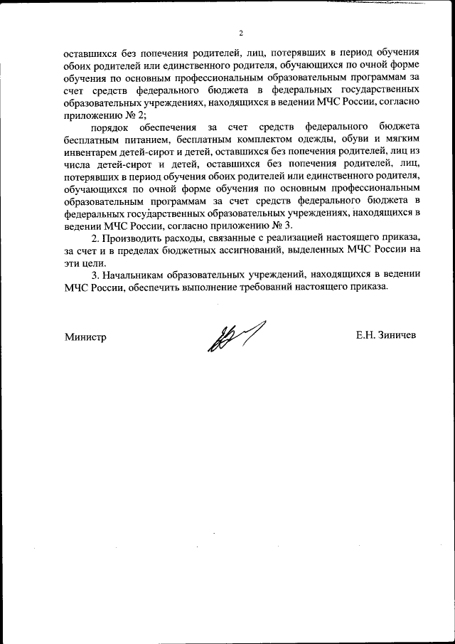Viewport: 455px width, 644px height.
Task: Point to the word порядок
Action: (x=111, y=123)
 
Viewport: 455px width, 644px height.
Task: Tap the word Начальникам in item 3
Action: (x=136, y=273)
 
